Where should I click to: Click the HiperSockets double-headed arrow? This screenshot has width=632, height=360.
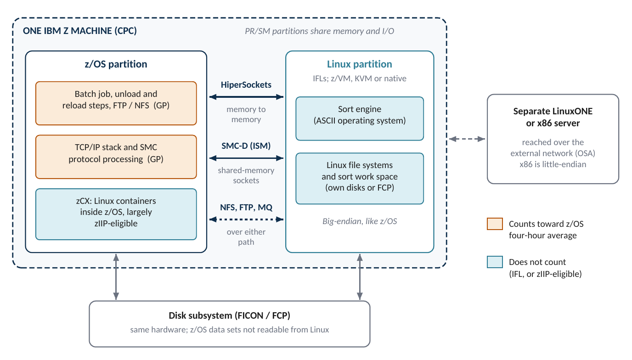click(x=246, y=97)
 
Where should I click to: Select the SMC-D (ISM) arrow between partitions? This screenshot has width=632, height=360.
click(x=246, y=158)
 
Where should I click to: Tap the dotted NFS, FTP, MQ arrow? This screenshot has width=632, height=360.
click(x=246, y=219)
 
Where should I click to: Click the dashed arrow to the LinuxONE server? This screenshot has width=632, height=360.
click(x=467, y=139)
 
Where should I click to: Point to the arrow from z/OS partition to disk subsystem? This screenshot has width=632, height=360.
click(x=116, y=277)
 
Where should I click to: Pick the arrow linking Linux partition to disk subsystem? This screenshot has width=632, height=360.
click(x=360, y=277)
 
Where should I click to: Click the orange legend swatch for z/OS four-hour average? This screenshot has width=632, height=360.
click(x=495, y=224)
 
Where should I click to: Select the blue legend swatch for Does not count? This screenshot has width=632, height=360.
click(x=495, y=262)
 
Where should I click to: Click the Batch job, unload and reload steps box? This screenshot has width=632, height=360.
click(x=116, y=103)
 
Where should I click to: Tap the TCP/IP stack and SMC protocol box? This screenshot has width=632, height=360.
click(x=116, y=157)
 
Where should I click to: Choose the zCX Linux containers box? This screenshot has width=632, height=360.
click(x=116, y=214)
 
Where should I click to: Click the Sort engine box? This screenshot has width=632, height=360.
click(x=360, y=118)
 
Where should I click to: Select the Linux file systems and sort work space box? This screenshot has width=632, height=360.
click(x=360, y=179)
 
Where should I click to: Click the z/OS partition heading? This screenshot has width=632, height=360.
click(x=116, y=64)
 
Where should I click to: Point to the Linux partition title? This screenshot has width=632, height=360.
click(x=360, y=64)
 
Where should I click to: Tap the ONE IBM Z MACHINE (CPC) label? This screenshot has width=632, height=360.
click(x=80, y=31)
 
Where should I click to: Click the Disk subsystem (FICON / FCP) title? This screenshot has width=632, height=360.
click(x=229, y=315)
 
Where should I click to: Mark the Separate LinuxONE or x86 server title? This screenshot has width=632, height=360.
click(x=553, y=117)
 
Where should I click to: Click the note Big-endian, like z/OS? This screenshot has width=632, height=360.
click(x=360, y=221)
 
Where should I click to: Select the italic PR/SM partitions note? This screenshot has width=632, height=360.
click(x=319, y=31)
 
